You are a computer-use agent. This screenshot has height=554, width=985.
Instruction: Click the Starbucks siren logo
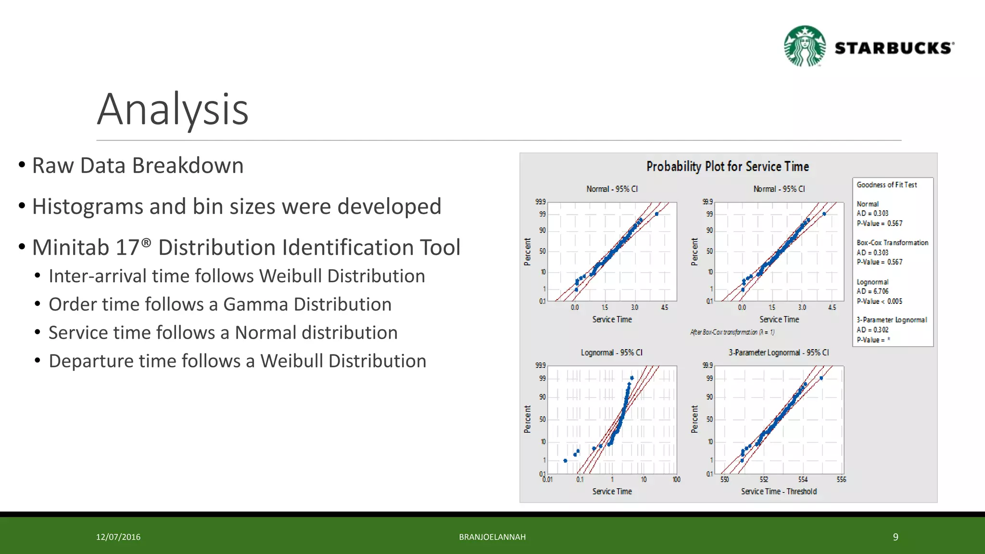[x=805, y=46]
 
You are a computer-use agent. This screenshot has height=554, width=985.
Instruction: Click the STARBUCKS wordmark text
[x=894, y=48]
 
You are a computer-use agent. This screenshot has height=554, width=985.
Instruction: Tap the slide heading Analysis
[x=173, y=110]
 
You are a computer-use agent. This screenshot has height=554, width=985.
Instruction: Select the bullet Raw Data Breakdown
[x=138, y=165]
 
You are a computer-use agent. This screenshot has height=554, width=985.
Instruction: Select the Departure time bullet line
[x=237, y=361]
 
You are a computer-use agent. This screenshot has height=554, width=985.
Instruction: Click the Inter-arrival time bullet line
[x=237, y=276]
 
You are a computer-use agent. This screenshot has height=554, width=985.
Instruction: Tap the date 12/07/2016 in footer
[x=118, y=537]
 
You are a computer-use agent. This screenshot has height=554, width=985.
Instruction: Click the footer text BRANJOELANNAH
[x=492, y=537]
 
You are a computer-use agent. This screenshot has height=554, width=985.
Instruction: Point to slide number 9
[x=895, y=537]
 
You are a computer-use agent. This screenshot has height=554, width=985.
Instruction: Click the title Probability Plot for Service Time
[x=727, y=166]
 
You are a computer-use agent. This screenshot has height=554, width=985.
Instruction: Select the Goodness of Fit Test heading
[x=886, y=185]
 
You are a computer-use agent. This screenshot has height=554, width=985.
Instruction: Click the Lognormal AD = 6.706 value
[x=872, y=291]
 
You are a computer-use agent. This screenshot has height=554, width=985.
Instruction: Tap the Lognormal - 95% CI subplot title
[x=611, y=353]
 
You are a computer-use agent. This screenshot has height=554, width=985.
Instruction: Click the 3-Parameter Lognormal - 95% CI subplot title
[x=778, y=353]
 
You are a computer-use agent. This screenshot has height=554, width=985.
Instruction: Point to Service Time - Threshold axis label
[x=778, y=491]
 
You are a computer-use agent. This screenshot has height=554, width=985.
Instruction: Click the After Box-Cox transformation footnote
[x=732, y=332]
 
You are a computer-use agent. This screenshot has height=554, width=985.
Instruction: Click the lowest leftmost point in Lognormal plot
[x=565, y=461]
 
